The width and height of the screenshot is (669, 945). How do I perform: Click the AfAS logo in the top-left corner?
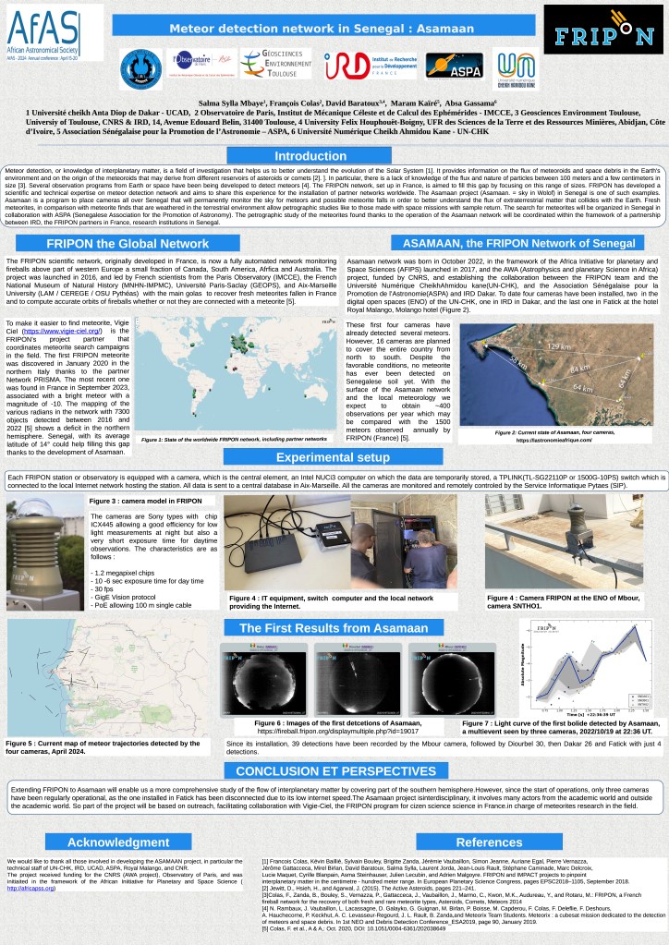pyautogui.click(x=55, y=31)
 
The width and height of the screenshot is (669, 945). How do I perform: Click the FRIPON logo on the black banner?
pyautogui.click(x=602, y=30)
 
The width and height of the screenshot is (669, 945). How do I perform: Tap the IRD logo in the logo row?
pyautogui.click(x=357, y=65)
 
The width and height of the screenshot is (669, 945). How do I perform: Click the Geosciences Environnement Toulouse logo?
pyautogui.click(x=275, y=64)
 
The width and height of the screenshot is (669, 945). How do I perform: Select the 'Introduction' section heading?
pyautogui.click(x=310, y=156)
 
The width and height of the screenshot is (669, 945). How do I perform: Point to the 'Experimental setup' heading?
pyautogui.click(x=333, y=456)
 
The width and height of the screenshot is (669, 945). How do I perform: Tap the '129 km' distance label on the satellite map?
pyautogui.click(x=559, y=345)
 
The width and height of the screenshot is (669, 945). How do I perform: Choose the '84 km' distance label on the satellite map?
pyautogui.click(x=580, y=369)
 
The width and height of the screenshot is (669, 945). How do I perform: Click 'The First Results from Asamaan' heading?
pyautogui.click(x=334, y=628)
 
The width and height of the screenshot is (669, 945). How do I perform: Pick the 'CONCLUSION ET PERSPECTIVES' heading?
pyautogui.click(x=335, y=771)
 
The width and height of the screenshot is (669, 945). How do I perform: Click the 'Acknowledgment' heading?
pyautogui.click(x=118, y=842)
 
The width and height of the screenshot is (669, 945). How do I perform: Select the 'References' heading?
pyautogui.click(x=489, y=842)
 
